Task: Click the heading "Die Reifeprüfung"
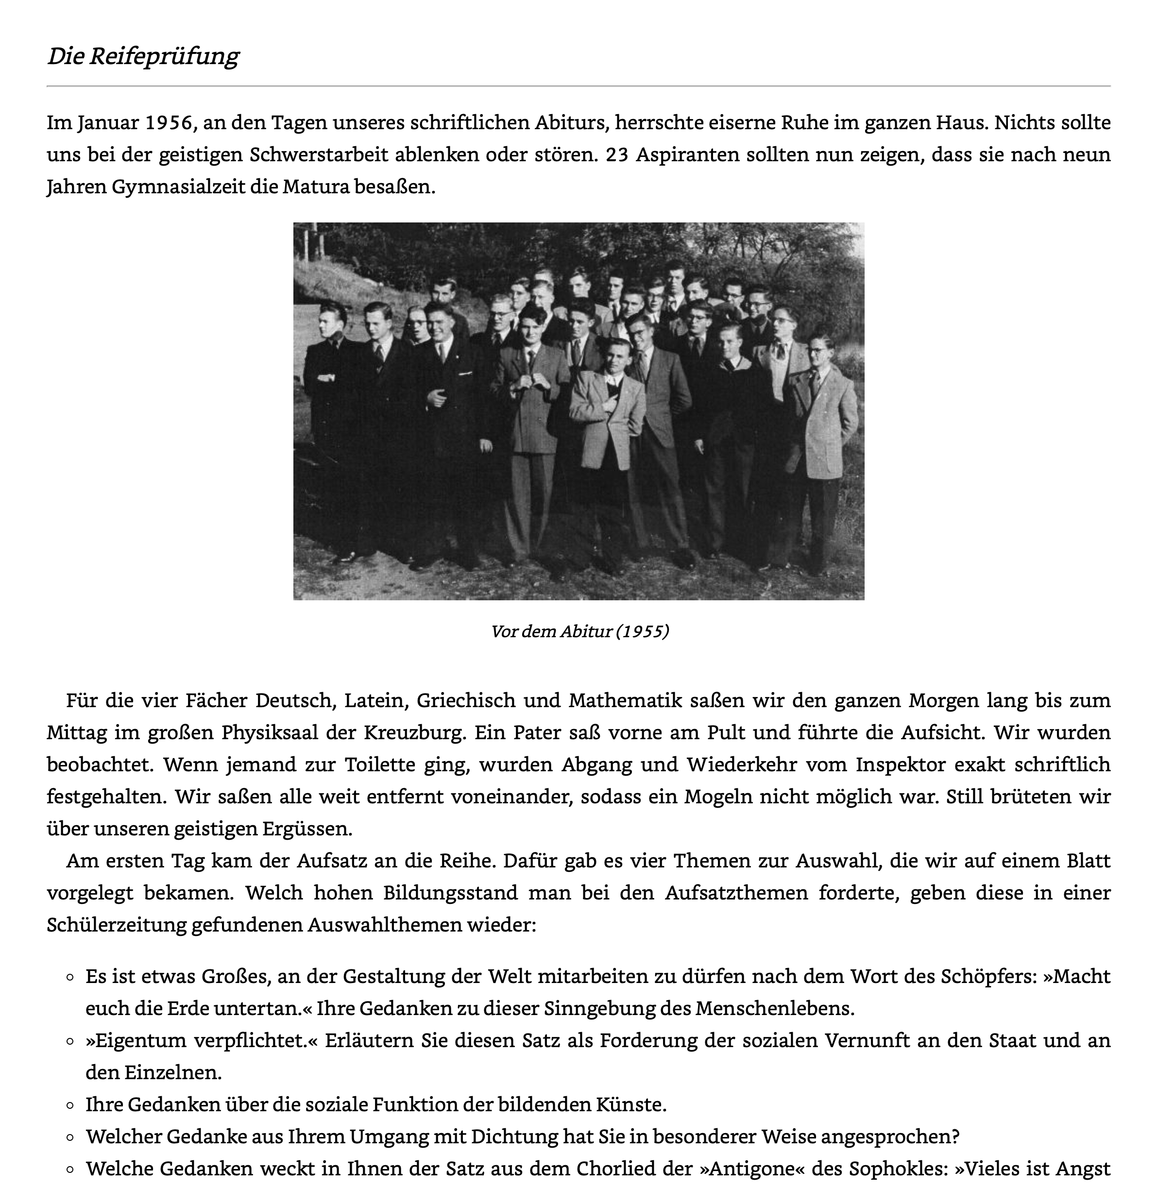pyautogui.click(x=143, y=56)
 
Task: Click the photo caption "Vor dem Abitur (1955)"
pyautogui.click(x=579, y=631)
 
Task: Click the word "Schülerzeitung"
pyautogui.click(x=116, y=925)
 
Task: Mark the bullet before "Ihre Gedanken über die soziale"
pyautogui.click(x=70, y=1105)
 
